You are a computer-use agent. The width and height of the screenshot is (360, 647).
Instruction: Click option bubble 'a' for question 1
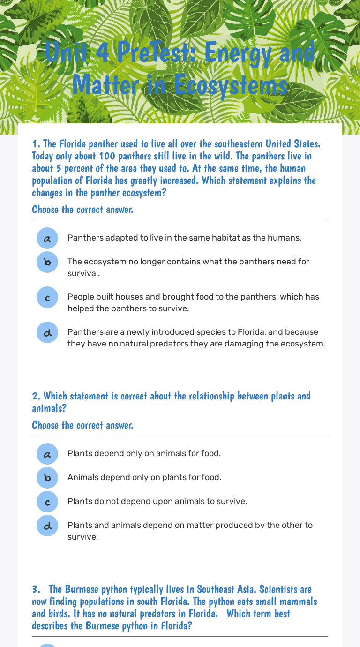(47, 238)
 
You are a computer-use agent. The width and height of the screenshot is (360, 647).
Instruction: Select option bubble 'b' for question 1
(47, 262)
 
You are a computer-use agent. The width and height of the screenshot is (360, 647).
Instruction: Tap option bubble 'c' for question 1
(47, 297)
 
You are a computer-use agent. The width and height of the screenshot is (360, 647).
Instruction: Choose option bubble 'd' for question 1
(47, 332)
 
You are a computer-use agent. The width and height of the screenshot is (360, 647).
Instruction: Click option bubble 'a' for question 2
(47, 454)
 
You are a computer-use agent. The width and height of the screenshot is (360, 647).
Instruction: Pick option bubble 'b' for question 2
(47, 478)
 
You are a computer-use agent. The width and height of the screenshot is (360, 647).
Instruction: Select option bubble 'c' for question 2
(47, 502)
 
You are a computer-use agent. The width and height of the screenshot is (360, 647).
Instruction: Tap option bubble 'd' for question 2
(47, 526)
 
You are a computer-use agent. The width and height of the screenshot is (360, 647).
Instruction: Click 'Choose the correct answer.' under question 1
(82, 209)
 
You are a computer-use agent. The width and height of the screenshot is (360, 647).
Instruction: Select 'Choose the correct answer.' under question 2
(82, 425)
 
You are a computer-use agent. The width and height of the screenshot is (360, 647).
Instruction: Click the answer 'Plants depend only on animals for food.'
(144, 453)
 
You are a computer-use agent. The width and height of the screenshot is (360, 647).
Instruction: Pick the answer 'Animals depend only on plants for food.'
(144, 477)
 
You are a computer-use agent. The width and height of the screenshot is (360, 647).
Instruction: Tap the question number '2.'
(36, 396)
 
